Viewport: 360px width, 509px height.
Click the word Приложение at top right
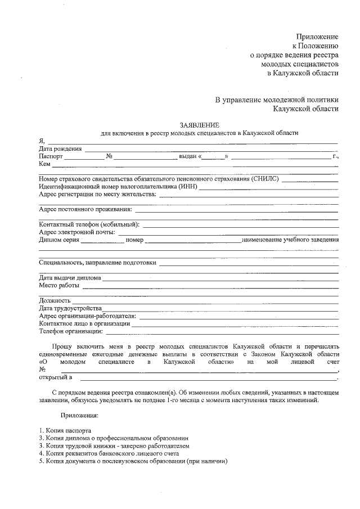point(318,35)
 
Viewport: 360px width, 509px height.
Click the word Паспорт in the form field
point(51,156)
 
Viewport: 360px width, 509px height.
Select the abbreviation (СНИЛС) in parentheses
point(265,178)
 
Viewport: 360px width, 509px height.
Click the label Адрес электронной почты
point(77,232)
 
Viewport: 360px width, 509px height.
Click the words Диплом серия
point(59,240)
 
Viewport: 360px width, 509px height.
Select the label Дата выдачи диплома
point(70,277)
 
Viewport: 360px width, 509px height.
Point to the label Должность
point(55,300)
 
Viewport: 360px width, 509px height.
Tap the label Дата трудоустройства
point(70,308)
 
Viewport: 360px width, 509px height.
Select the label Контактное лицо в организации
point(84,323)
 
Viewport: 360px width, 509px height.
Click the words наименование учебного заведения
point(290,240)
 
